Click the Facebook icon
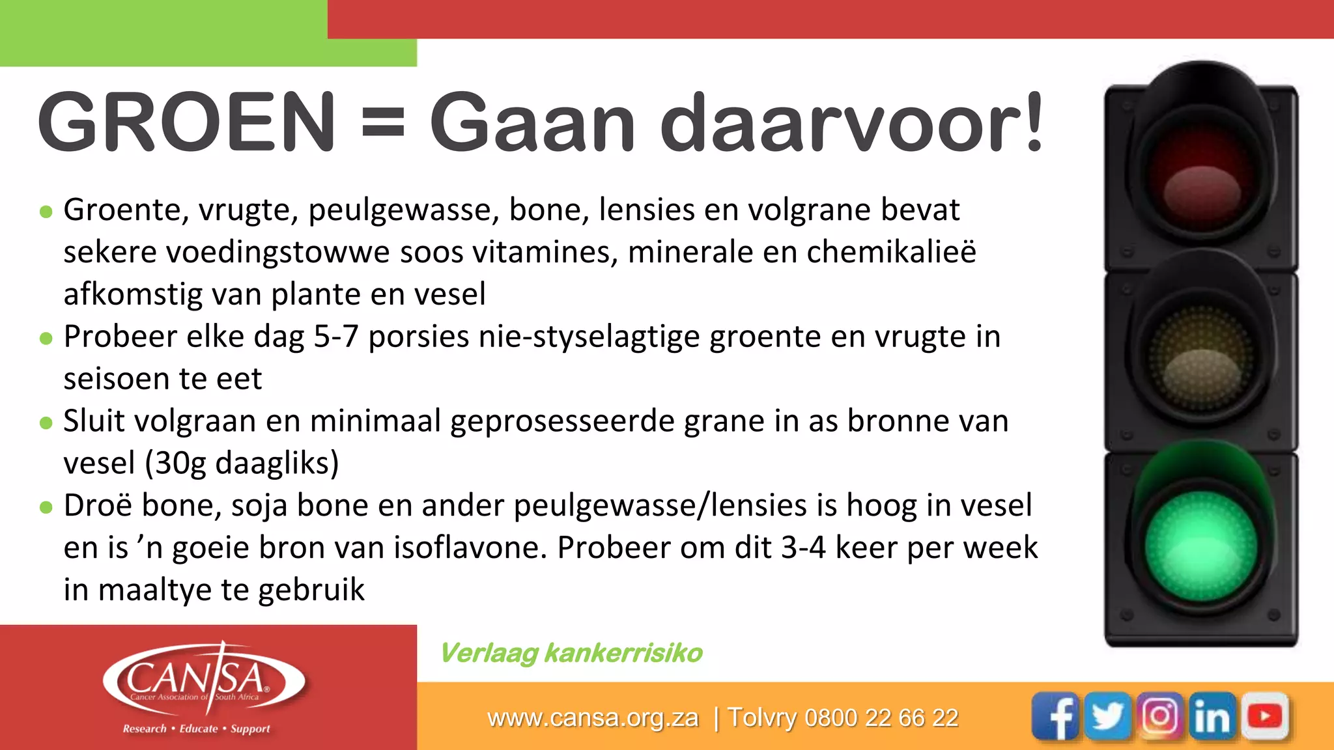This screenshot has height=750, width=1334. point(1056,716)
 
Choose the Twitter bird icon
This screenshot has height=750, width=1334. point(1108,716)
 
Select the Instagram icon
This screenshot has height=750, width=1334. point(1160,716)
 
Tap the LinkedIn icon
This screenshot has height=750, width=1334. point(1212,716)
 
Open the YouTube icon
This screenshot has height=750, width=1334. point(1264,716)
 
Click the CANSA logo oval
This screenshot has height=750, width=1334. point(204,680)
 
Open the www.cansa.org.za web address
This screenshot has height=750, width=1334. point(593,718)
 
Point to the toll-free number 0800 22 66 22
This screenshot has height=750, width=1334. point(881,718)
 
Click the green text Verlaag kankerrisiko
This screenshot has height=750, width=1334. point(571,653)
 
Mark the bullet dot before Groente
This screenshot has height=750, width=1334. point(46,212)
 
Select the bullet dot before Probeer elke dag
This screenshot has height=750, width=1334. point(46,339)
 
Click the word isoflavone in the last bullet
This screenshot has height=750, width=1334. point(470,548)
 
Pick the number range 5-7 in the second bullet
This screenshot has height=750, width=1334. point(336,337)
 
